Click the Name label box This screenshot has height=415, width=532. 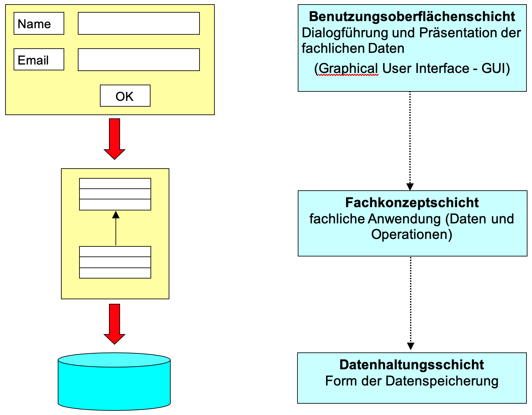click(39, 23)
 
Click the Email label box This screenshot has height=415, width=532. click(39, 59)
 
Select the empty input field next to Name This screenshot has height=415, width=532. click(139, 23)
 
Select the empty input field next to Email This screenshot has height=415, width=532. click(139, 60)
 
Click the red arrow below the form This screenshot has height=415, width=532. click(115, 138)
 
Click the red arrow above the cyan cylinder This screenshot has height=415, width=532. click(115, 324)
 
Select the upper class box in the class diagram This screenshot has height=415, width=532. click(115, 194)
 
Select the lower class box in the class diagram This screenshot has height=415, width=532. click(115, 262)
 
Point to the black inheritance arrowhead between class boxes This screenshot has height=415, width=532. click(116, 215)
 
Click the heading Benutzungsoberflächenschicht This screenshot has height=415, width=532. click(412, 17)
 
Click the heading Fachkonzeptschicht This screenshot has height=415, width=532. click(412, 203)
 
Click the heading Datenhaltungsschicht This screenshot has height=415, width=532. click(412, 365)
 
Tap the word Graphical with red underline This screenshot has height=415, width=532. click(348, 68)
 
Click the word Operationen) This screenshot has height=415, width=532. click(412, 234)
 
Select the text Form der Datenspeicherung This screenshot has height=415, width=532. click(412, 381)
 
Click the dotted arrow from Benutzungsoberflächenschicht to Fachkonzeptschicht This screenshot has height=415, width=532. click(410, 139)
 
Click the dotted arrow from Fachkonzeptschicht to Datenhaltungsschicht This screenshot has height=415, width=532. click(411, 303)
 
